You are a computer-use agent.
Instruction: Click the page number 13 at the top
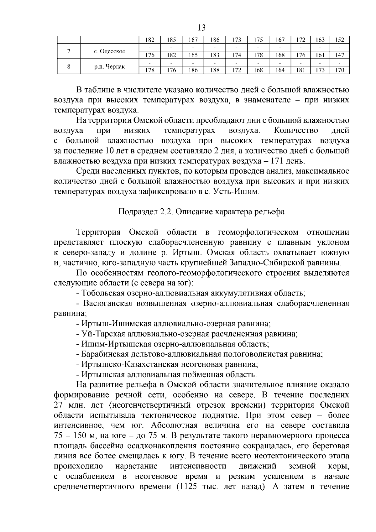pyautogui.click(x=201, y=28)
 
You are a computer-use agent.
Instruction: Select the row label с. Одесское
pyautogui.click(x=109, y=51)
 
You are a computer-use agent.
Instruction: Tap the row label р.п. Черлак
pyautogui.click(x=109, y=67)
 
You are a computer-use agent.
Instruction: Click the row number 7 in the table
pyautogui.click(x=68, y=51)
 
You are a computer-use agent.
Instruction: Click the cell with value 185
pyautogui.click(x=171, y=40)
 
